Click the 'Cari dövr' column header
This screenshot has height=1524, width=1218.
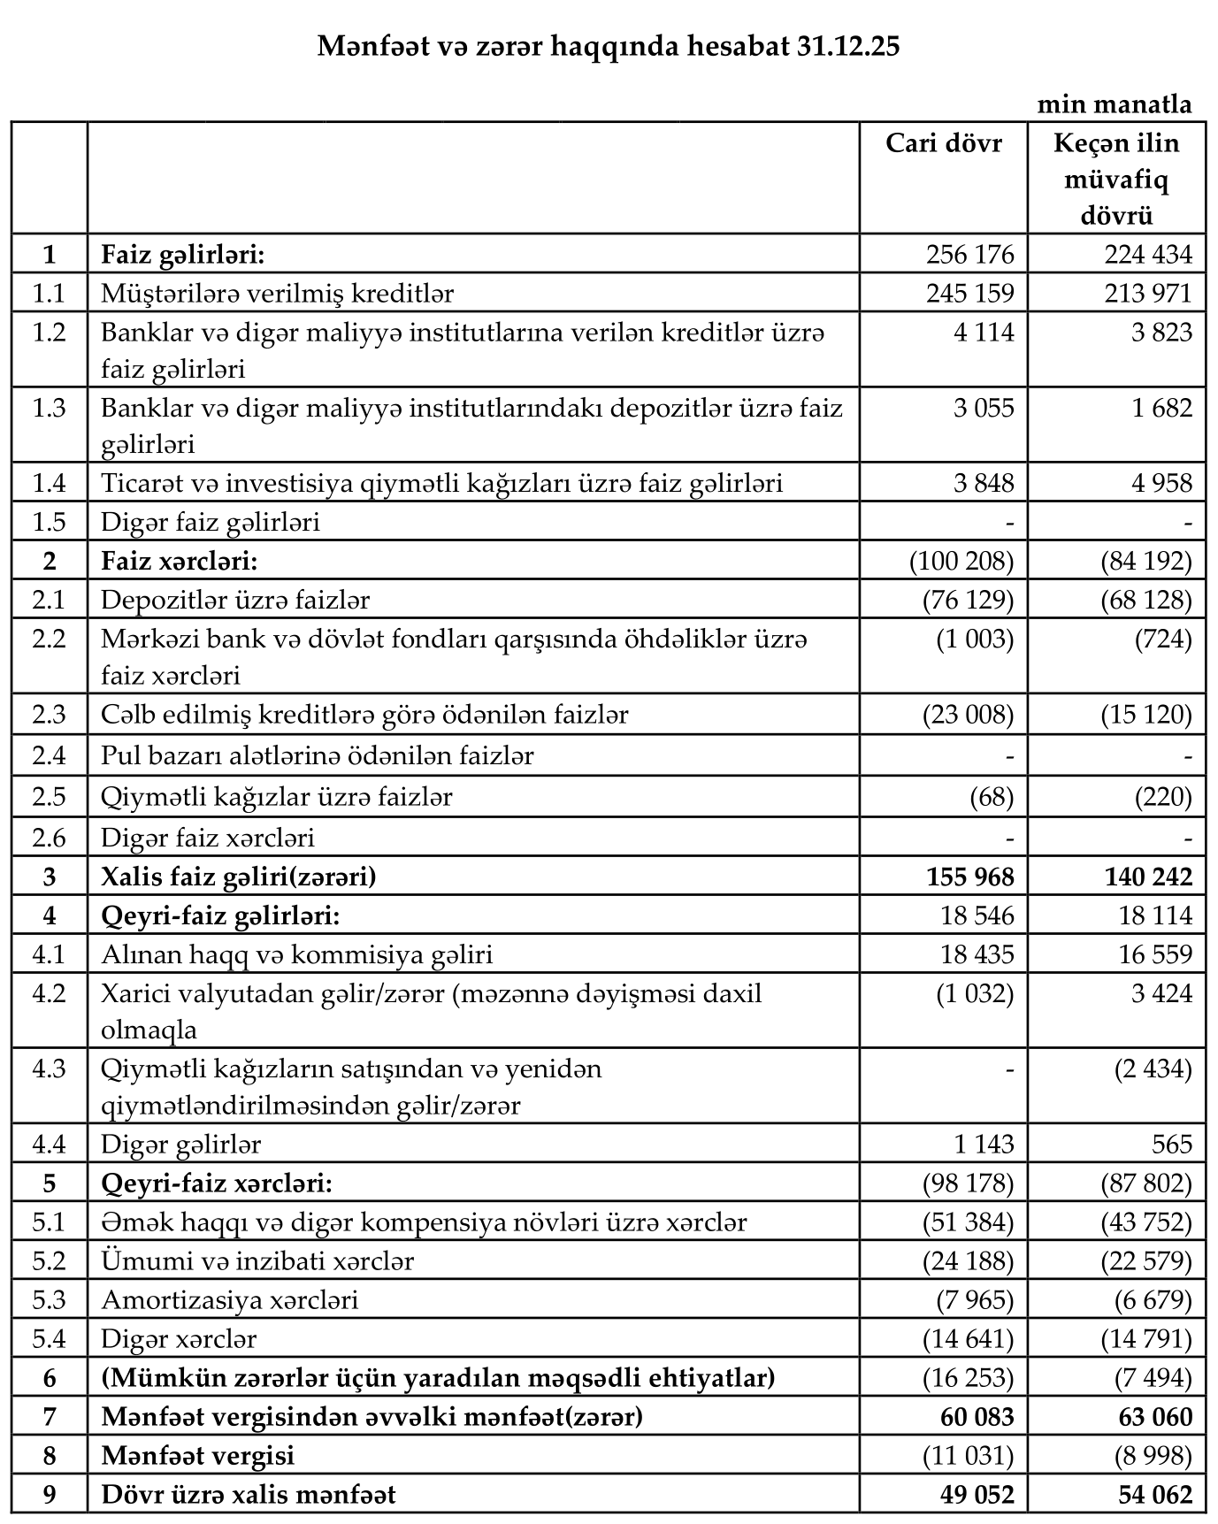point(944,142)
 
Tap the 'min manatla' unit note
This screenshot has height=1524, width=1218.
point(1115,104)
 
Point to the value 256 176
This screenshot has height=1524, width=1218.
point(970,255)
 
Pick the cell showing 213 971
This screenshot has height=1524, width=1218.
point(1148,293)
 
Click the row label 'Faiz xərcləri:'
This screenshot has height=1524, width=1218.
point(179,561)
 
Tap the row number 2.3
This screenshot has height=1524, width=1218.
point(49,714)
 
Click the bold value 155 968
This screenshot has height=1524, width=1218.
point(970,877)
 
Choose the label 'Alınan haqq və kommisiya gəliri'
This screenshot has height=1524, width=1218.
point(296,954)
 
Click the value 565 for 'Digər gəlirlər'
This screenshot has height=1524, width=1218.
point(1172,1144)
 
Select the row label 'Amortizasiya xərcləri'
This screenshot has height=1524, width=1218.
point(229,1299)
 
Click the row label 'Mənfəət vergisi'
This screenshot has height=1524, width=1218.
point(197,1455)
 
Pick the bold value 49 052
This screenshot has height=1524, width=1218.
point(970,1494)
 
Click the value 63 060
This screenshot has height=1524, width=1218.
point(1148,1416)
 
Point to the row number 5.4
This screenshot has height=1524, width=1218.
point(49,1338)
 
